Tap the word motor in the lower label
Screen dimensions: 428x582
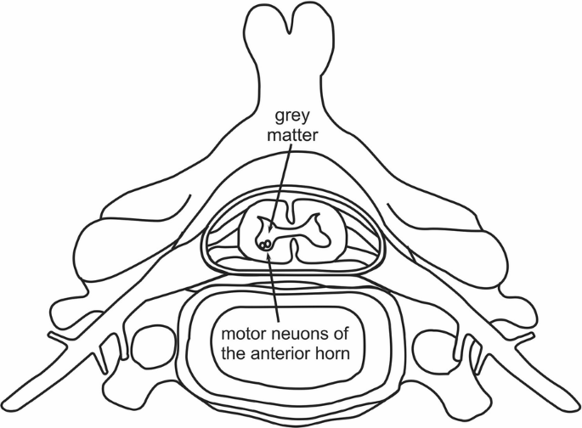[241, 330]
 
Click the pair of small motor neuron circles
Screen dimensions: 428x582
[266, 245]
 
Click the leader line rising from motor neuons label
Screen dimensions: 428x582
[274, 284]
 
